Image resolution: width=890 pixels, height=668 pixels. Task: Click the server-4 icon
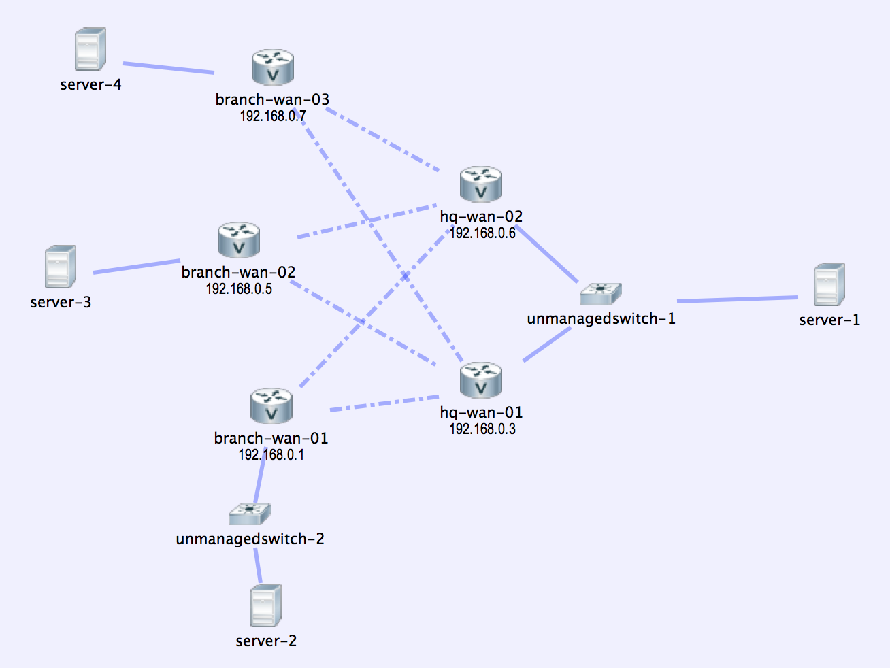[x=90, y=49]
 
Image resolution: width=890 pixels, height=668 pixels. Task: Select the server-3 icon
[x=60, y=267]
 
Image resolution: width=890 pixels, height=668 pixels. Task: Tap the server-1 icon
[x=829, y=284]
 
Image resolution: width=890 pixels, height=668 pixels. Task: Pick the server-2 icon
[x=265, y=605]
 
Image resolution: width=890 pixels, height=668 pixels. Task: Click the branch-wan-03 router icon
[x=272, y=67]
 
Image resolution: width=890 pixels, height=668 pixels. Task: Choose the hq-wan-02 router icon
[x=480, y=184]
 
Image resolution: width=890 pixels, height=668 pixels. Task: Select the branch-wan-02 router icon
[x=238, y=240]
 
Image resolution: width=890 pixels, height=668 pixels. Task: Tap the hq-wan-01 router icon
[x=480, y=380]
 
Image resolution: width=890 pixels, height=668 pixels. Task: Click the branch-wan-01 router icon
[x=271, y=406]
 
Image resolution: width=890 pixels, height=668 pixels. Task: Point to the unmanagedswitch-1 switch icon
[x=600, y=294]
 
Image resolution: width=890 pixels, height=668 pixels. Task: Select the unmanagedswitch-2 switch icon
[x=249, y=514]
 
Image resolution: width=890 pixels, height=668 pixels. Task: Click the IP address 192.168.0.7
[x=272, y=116]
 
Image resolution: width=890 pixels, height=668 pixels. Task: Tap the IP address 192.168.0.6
[x=482, y=233]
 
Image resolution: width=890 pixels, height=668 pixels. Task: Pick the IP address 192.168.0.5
[x=239, y=289]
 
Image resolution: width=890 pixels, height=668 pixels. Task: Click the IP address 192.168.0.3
[x=482, y=429]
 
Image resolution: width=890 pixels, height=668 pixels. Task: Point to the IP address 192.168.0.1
[x=271, y=455]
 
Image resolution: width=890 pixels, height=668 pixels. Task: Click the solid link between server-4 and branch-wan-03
[x=168, y=68]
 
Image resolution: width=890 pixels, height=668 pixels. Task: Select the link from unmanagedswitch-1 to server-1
[x=738, y=299]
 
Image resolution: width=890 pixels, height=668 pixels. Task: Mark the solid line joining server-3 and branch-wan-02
[x=136, y=266]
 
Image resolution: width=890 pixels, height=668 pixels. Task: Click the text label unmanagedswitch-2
[x=250, y=539]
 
